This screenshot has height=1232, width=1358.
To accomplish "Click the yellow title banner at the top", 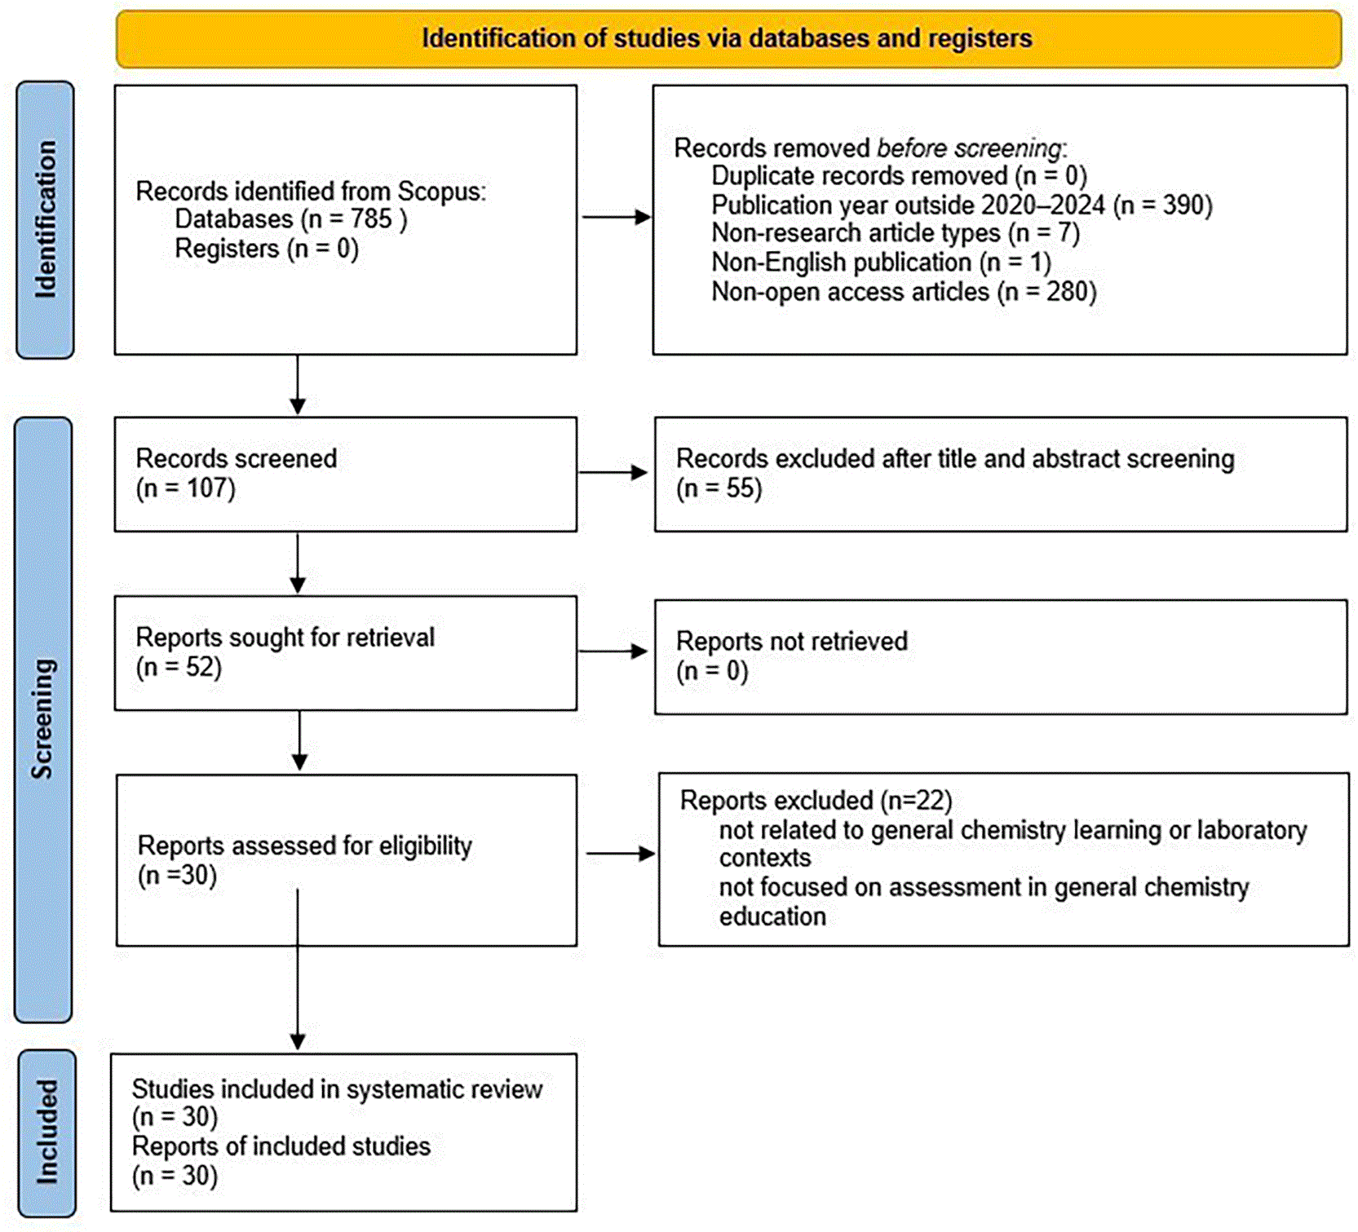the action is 728,38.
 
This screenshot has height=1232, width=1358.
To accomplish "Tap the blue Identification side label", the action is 46,220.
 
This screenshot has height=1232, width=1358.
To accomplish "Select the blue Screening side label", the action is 43,719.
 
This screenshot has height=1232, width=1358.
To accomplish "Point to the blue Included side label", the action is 46,1133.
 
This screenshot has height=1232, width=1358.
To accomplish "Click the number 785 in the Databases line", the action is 371,219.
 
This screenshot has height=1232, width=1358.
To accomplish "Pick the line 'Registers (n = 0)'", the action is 267,248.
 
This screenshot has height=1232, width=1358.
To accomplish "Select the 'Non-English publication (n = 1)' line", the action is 882,263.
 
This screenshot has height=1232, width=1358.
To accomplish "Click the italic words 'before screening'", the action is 970,148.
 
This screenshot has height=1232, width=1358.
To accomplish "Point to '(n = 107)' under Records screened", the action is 186,488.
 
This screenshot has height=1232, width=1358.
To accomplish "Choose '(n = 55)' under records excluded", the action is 719,488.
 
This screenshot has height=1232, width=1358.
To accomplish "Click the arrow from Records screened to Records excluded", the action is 613,472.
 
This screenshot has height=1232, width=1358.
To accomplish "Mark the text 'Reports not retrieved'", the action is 792,641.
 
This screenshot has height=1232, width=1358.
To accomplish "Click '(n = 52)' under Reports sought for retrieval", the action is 179,667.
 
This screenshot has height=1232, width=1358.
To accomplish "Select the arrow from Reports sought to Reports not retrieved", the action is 613,651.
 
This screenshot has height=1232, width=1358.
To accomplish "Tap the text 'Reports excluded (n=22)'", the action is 816,801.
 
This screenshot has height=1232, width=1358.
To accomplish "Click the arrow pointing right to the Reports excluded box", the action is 621,854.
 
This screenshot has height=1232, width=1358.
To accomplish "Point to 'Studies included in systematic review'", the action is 337,1089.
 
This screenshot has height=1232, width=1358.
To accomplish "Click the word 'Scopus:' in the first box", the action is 441,192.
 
